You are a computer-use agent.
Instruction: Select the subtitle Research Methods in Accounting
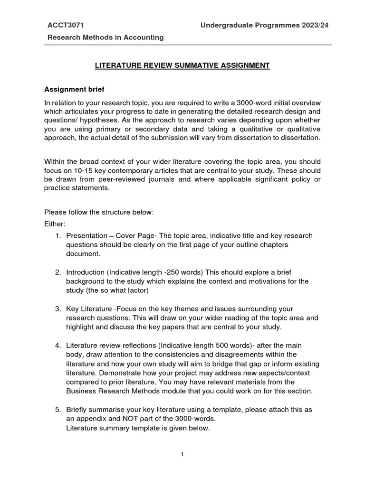pyautogui.click(x=104, y=37)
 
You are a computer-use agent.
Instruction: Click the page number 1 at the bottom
pyautogui.click(x=182, y=454)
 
